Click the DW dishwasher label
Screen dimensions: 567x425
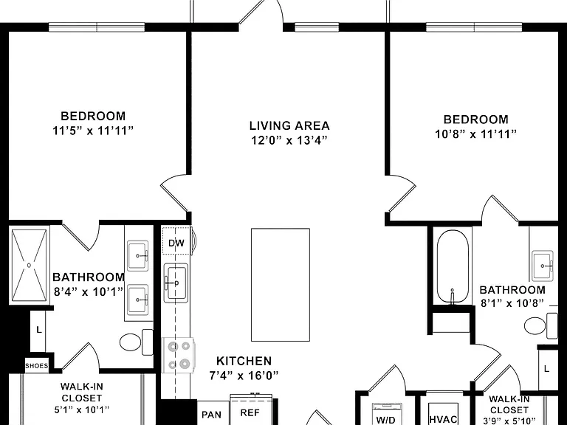pyautogui.click(x=176, y=243)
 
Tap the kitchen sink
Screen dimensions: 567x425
pyautogui.click(x=176, y=283)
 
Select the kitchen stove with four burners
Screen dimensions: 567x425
pyautogui.click(x=179, y=355)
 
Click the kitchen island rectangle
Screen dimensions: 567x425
pyautogui.click(x=281, y=285)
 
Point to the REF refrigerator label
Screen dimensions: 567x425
pyautogui.click(x=250, y=412)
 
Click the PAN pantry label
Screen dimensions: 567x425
pyautogui.click(x=212, y=415)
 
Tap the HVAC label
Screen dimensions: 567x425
pyautogui.click(x=443, y=419)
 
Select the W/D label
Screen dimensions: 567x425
pyautogui.click(x=386, y=420)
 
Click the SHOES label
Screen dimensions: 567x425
pyautogui.click(x=36, y=366)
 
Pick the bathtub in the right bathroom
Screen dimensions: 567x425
pyautogui.click(x=453, y=266)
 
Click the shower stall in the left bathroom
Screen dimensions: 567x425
pyautogui.click(x=29, y=266)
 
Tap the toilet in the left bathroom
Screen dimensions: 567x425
pyautogui.click(x=137, y=342)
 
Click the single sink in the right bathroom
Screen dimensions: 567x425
pyautogui.click(x=543, y=266)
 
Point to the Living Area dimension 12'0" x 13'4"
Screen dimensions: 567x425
pyautogui.click(x=289, y=140)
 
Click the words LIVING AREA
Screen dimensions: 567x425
pyautogui.click(x=289, y=125)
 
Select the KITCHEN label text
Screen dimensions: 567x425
pyautogui.click(x=244, y=361)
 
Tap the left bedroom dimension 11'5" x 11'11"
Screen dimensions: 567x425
pyautogui.click(x=93, y=131)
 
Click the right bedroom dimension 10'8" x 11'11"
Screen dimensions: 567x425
pyautogui.click(x=475, y=134)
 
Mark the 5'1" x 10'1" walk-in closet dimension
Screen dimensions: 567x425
pyautogui.click(x=82, y=410)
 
